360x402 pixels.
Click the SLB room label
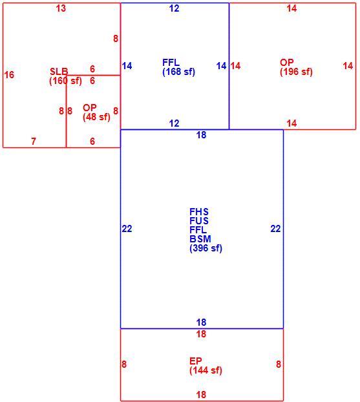pyautogui.click(x=59, y=71)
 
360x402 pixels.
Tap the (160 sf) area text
pyautogui.click(x=65, y=81)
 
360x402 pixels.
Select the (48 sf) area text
pyautogui.click(x=96, y=117)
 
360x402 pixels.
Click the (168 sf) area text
pyautogui.click(x=179, y=72)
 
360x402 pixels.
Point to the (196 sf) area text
pyautogui.click(x=296, y=72)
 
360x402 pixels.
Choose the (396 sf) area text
pyautogui.click(x=206, y=248)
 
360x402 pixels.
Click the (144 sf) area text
pyautogui.click(x=206, y=370)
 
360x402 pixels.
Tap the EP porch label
pyautogui.click(x=196, y=361)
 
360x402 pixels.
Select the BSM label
pyautogui.click(x=200, y=239)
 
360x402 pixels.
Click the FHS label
pyautogui.click(x=199, y=212)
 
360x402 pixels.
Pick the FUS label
pyautogui.click(x=199, y=221)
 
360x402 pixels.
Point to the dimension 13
pyautogui.click(x=61, y=8)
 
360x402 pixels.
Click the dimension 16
pyautogui.click(x=9, y=75)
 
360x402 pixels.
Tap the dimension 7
pyautogui.click(x=34, y=142)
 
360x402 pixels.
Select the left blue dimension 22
pyautogui.click(x=127, y=229)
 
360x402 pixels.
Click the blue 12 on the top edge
pyautogui.click(x=174, y=8)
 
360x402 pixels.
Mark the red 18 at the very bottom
pyautogui.click(x=201, y=394)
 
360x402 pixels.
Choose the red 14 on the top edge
pyautogui.click(x=291, y=8)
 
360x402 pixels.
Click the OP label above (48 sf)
pyautogui.click(x=89, y=108)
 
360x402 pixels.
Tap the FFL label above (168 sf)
pyautogui.click(x=171, y=63)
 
